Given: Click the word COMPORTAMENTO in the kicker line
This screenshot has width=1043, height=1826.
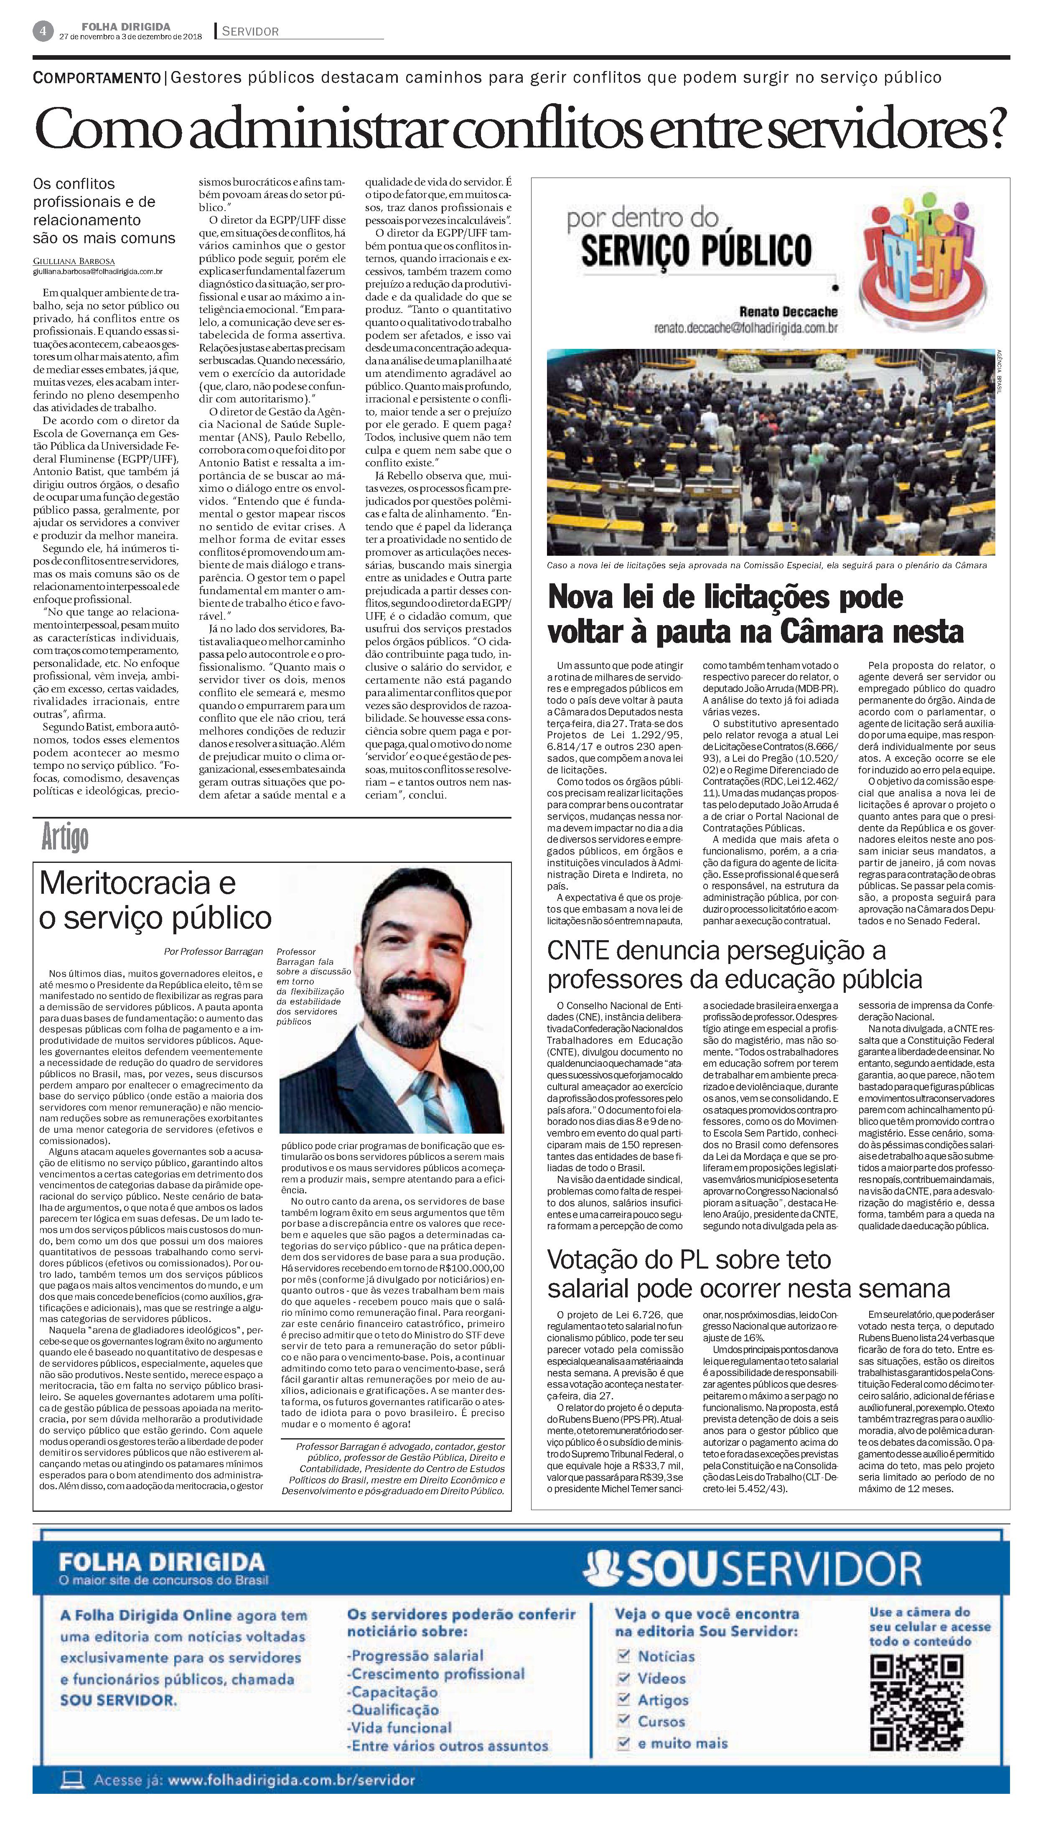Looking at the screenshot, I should [97, 77].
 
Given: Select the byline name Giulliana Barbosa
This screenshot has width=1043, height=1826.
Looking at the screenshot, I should [74, 262].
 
